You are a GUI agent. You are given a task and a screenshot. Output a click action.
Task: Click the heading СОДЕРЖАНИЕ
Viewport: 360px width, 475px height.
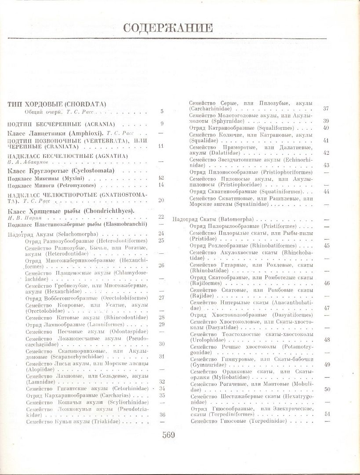pos(168,28)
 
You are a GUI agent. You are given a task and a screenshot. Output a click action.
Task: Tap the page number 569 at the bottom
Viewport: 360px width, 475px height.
pos(168,435)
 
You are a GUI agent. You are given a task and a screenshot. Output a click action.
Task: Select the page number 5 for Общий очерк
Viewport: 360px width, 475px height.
pos(162,112)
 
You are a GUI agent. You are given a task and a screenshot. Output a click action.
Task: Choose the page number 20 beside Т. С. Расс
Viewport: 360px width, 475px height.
pos(161,200)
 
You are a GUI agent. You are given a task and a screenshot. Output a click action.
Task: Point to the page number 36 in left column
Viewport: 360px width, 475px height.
pos(162,414)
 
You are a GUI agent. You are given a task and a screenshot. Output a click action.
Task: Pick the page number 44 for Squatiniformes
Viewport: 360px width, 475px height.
pos(326,191)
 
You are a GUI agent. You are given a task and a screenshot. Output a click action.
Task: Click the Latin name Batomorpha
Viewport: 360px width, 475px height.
pos(231,219)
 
